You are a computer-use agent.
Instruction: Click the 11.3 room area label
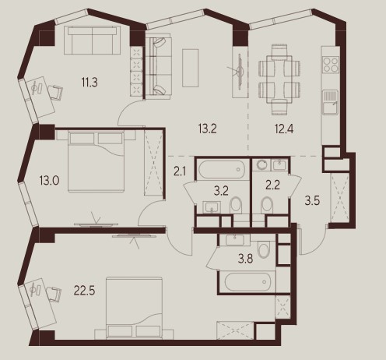[89, 83]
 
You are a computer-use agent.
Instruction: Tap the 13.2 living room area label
[207, 129]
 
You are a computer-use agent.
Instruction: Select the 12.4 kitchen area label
[284, 129]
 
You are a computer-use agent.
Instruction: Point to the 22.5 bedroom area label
[84, 291]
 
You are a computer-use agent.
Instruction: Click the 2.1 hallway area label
[180, 171]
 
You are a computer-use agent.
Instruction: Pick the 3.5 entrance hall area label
[312, 201]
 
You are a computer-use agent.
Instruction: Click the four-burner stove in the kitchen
[331, 64]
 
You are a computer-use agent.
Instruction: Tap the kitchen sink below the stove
[330, 102]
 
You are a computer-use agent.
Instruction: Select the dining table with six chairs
[279, 79]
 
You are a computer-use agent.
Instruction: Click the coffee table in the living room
[191, 68]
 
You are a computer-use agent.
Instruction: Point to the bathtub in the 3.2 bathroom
[221, 170]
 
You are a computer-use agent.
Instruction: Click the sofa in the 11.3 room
[92, 41]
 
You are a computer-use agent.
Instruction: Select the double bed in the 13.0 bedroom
[96, 161]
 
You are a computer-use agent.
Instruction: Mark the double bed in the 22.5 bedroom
[135, 308]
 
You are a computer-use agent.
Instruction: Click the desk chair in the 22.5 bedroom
[54, 294]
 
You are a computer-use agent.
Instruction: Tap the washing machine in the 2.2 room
[261, 164]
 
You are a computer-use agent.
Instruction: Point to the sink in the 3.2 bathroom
[212, 207]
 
